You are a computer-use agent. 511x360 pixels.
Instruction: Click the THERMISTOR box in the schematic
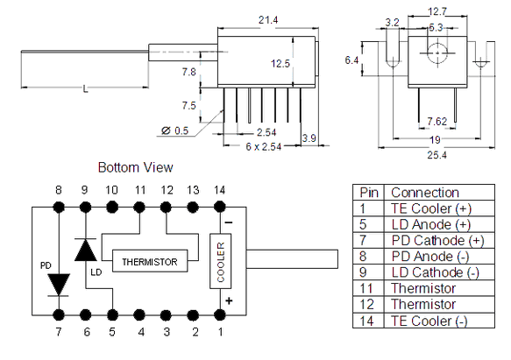[150, 261]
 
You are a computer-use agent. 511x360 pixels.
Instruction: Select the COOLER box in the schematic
[221, 261]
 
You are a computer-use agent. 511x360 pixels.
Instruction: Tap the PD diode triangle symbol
[59, 285]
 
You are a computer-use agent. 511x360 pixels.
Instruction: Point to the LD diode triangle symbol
[85, 250]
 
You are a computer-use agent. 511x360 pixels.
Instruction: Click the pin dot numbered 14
[220, 207]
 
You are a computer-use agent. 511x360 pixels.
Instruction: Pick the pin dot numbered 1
[220, 315]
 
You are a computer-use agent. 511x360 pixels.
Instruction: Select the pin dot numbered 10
[112, 207]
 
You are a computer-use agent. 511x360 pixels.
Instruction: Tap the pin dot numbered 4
[139, 315]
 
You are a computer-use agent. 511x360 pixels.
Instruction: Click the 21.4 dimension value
[268, 20]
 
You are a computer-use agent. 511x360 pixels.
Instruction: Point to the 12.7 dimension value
[437, 11]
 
